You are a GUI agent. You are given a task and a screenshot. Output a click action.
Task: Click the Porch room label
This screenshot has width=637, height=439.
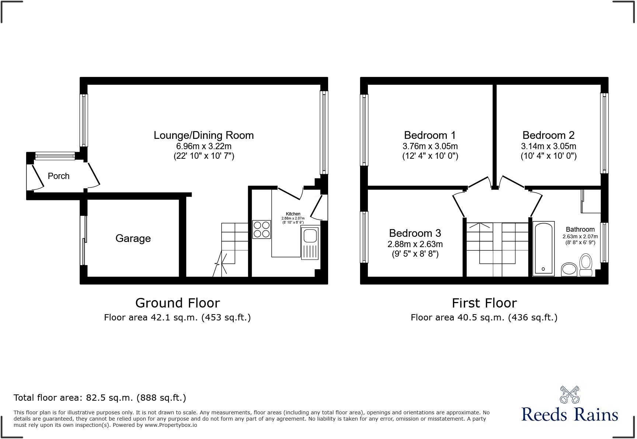click(x=59, y=176)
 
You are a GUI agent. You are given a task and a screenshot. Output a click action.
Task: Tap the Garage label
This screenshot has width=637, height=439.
click(x=133, y=239)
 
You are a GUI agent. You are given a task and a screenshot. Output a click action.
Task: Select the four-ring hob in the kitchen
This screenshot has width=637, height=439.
click(x=261, y=229)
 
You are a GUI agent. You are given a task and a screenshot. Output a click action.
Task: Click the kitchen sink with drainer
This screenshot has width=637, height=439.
click(x=310, y=243)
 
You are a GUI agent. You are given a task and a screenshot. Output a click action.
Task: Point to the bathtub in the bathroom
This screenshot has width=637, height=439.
click(x=543, y=249)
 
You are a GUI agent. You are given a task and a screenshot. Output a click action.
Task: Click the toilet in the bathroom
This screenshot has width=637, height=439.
click(x=586, y=265)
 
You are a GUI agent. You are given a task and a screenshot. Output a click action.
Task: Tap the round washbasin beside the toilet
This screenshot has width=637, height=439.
click(x=569, y=269)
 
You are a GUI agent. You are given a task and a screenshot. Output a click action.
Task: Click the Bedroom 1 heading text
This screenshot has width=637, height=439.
click(x=430, y=135)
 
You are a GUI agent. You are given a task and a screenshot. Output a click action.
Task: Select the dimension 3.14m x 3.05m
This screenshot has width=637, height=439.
click(x=549, y=146)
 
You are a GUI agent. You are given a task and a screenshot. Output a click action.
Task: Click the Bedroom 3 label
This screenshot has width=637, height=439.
click(x=415, y=233)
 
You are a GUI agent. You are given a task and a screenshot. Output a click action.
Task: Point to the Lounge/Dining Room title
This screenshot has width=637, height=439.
click(x=203, y=135)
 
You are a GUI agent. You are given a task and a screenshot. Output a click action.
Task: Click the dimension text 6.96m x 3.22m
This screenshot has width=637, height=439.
click(x=203, y=146)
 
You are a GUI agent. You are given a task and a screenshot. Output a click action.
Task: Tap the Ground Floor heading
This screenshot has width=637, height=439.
click(x=177, y=303)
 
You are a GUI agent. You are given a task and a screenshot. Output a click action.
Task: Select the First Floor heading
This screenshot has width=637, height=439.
click(x=484, y=303)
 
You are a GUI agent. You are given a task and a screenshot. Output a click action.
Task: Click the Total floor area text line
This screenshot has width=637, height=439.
click(x=100, y=398)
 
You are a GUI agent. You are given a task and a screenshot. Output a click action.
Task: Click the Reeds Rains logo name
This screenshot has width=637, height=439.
click(x=570, y=414)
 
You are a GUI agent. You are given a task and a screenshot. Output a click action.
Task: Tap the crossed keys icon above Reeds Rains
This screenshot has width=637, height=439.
click(x=570, y=394)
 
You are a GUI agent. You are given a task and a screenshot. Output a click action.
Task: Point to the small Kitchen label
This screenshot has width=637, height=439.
click(x=293, y=214)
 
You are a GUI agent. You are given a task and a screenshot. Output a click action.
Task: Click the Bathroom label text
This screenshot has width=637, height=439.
click(x=580, y=229)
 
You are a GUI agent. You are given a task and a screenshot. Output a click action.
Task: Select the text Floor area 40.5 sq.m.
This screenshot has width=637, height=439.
click(x=457, y=317)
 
